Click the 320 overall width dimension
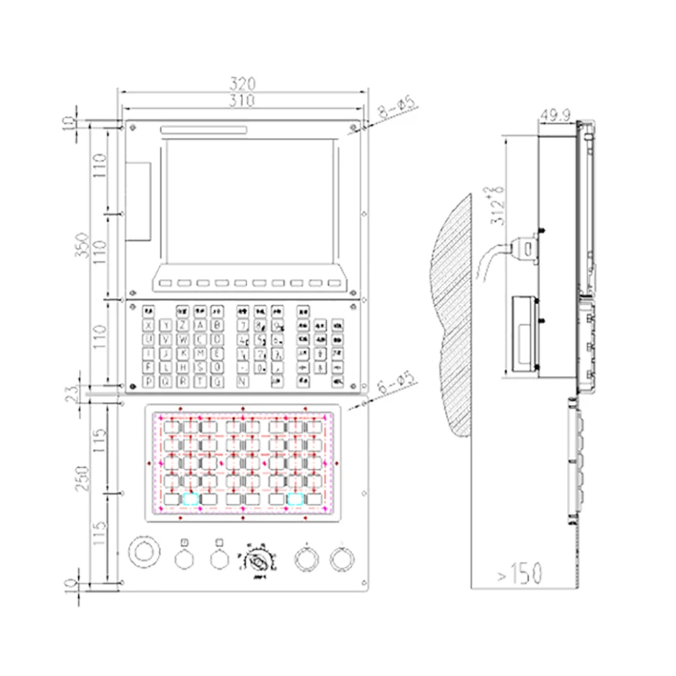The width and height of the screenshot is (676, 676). point(242,84)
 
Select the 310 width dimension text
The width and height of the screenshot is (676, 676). point(242,100)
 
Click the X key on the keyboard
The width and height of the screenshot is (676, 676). point(149,325)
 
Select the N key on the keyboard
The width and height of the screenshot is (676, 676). point(242,382)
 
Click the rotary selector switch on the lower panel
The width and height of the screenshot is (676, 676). point(258,561)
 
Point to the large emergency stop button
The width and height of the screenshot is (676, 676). point(143,551)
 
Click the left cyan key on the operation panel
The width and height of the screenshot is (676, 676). point(190,499)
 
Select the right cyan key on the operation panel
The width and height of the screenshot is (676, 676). point(296,499)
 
